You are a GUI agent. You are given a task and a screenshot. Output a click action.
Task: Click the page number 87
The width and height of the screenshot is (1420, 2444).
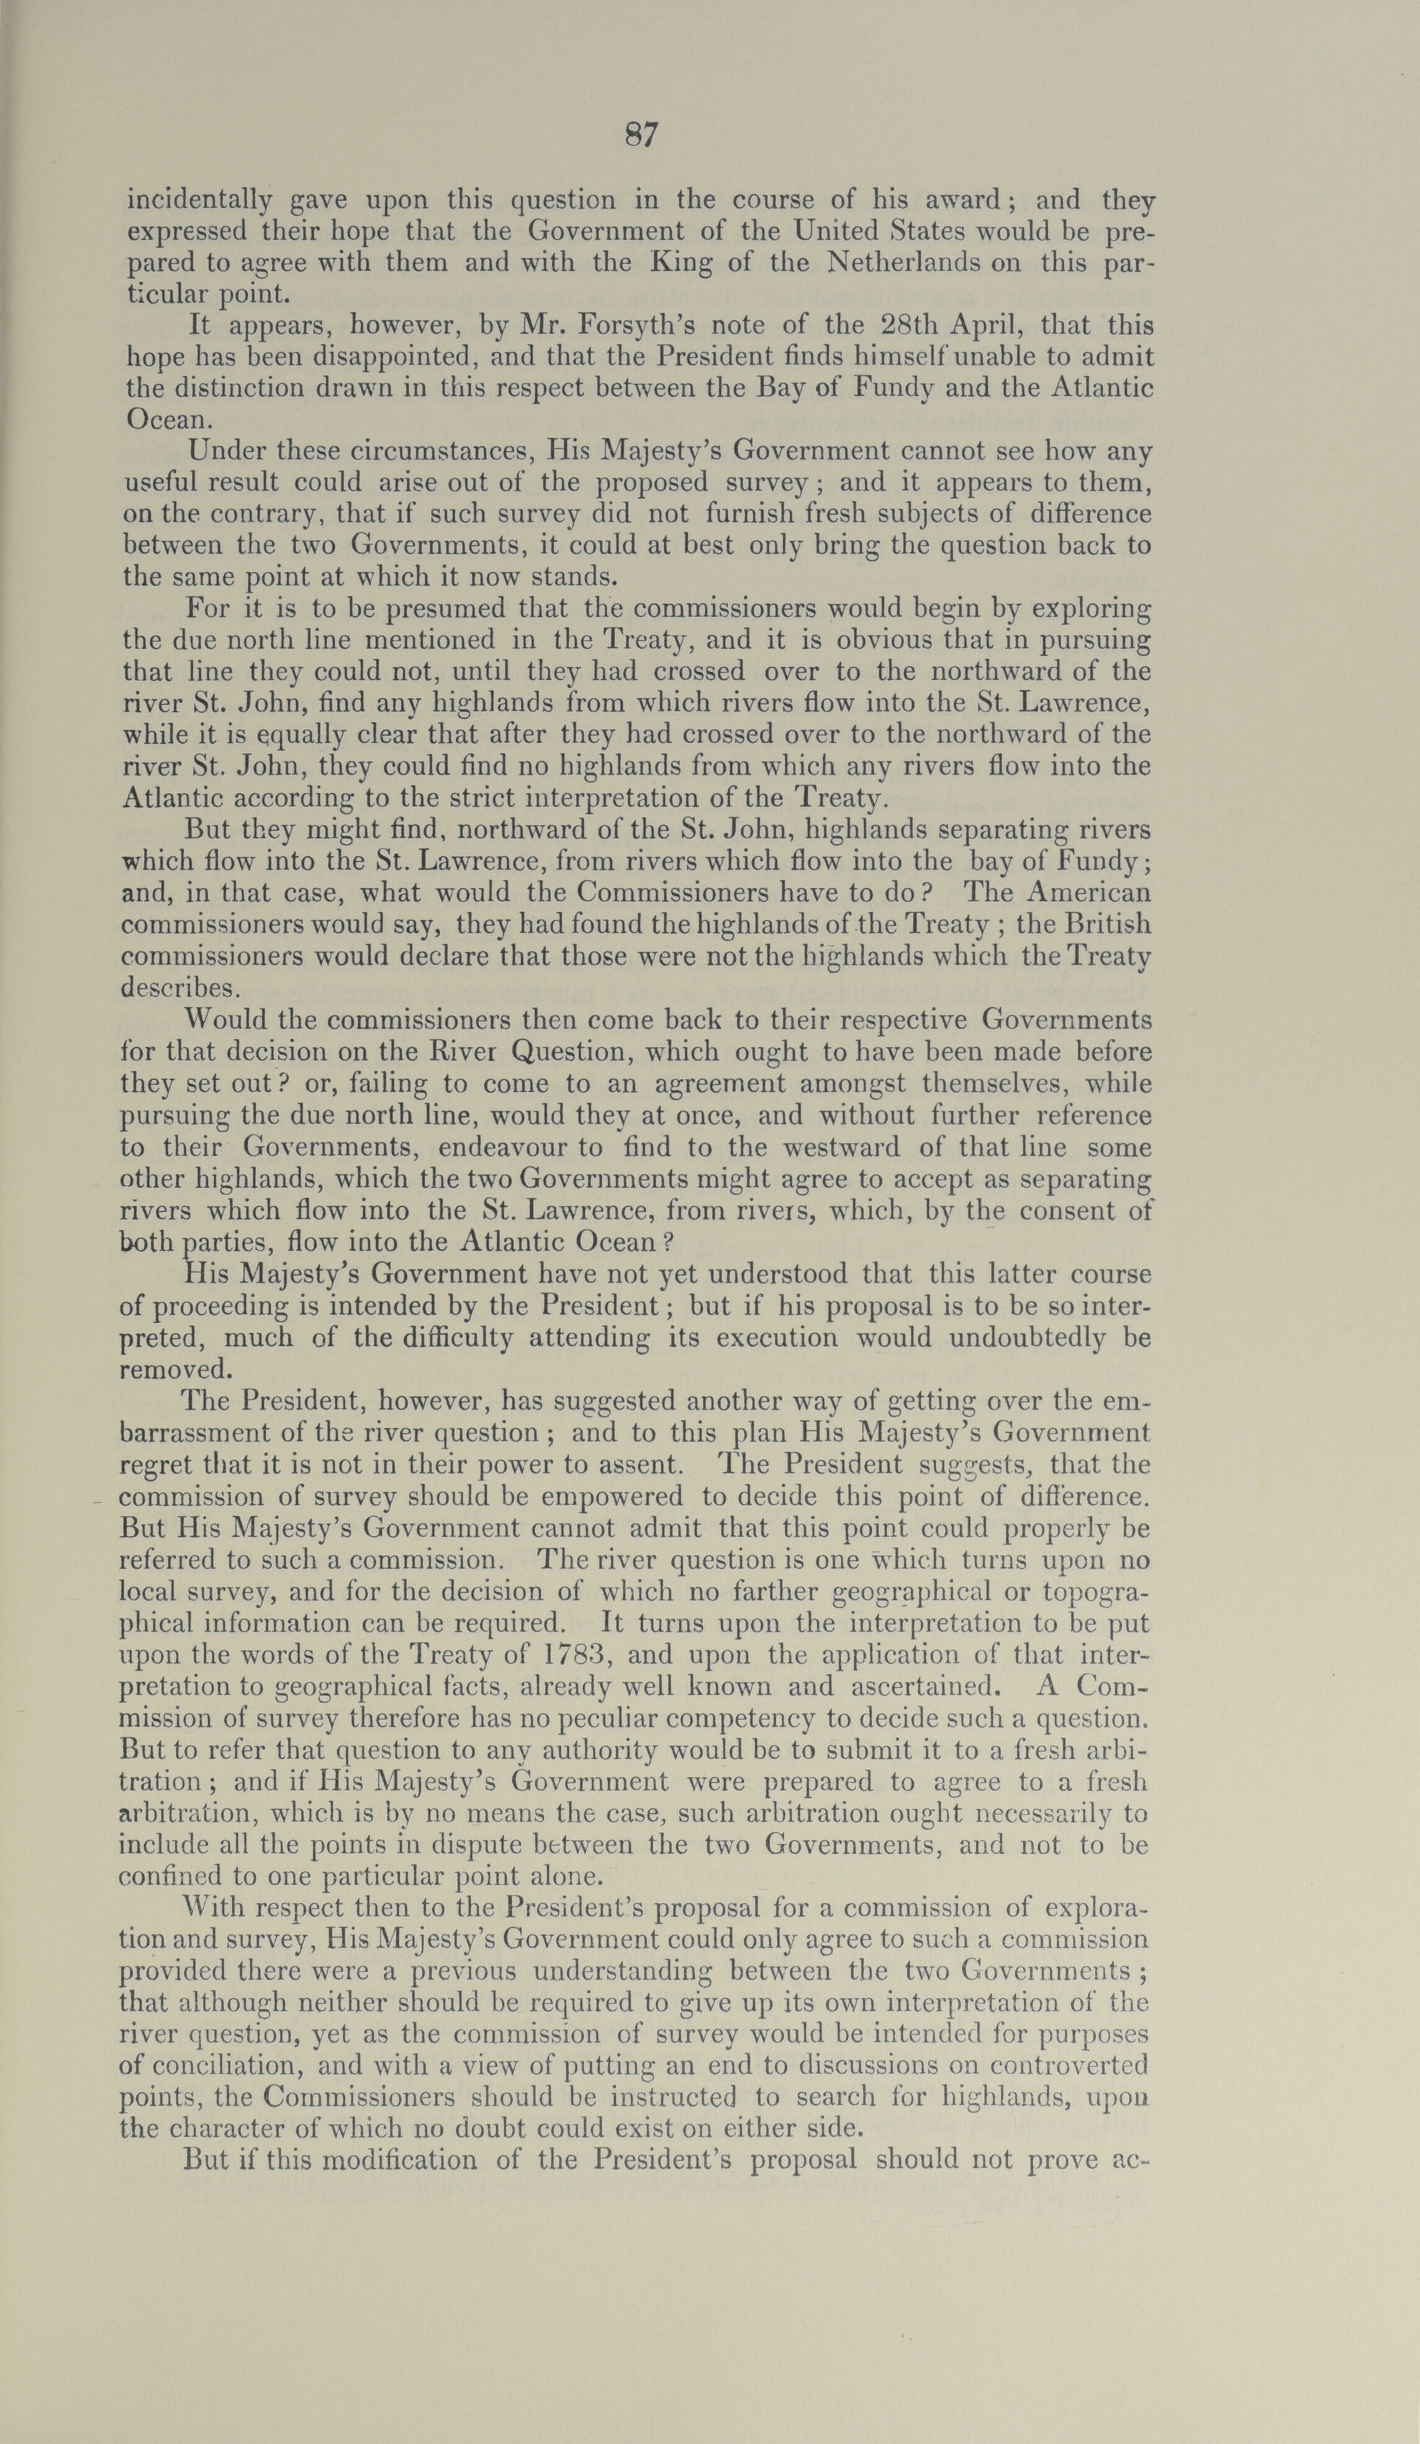641,135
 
